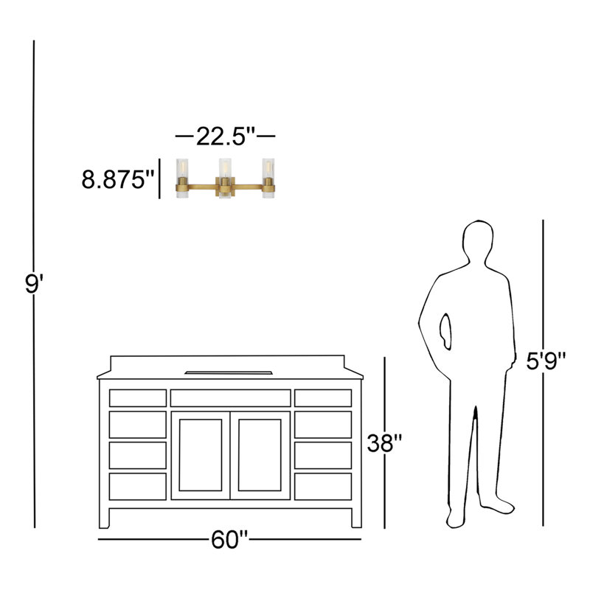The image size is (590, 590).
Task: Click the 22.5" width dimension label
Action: (226, 136)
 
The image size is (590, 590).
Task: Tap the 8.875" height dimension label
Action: (118, 179)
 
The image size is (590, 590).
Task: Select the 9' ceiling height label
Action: (34, 283)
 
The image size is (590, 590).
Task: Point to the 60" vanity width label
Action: (229, 540)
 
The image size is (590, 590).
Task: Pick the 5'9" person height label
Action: (546, 361)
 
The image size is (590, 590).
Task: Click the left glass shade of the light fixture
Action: (182, 178)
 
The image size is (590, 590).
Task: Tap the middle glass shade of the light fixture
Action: (225, 178)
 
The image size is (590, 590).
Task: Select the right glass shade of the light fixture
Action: (268, 178)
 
